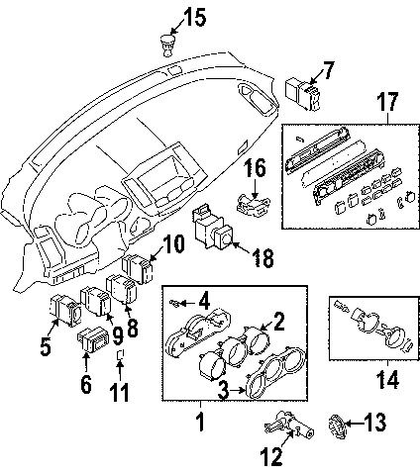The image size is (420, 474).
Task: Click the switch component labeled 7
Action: click(300, 92)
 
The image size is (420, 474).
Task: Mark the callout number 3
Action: click(226, 393)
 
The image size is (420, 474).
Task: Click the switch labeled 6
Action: click(91, 343)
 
